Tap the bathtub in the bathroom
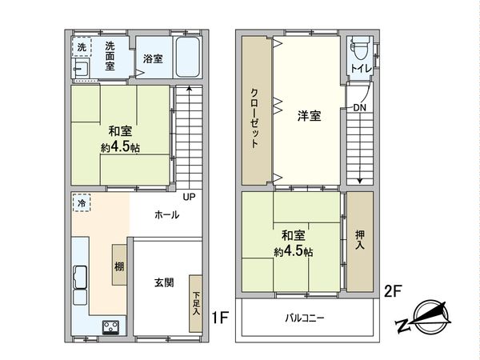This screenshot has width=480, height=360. coord(189,57)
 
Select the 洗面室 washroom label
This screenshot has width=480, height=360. coord(110,56)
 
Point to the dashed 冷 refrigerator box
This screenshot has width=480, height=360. coord(82,203)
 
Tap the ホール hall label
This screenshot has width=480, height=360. coord(166,215)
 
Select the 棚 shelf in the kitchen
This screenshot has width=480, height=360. coord(118,266)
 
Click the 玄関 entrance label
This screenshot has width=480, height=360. coord(165,282)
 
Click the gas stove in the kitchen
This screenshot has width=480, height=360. coord(110,326)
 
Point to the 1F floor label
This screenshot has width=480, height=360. coord(219,318)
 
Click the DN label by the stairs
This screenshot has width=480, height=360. coord(359,107)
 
